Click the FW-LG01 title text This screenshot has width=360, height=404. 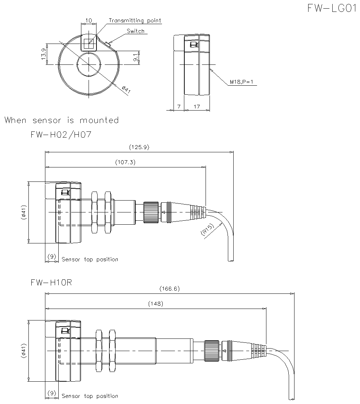[331, 9]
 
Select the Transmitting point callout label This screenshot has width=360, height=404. [135, 21]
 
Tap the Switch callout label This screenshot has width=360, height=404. [135, 31]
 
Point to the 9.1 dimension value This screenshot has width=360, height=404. [135, 58]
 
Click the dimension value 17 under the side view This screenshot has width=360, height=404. [197, 107]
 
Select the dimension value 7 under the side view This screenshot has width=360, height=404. [179, 107]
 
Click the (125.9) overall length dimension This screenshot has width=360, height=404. [139, 147]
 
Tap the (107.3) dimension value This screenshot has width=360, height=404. [125, 162]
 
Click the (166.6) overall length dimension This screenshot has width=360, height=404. [169, 288]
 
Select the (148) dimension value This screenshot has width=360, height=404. [156, 304]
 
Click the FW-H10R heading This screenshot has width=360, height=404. [51, 283]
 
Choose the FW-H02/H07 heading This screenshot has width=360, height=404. [61, 135]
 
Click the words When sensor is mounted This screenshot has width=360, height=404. [62, 120]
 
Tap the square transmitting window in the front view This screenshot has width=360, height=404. [88, 44]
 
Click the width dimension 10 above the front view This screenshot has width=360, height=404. [89, 21]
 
